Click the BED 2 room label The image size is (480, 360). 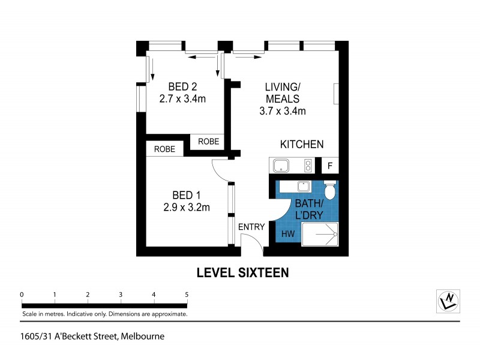pyautogui.click(x=182, y=85)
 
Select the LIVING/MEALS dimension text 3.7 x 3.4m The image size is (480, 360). pyautogui.click(x=283, y=111)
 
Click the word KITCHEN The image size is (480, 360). pyautogui.click(x=302, y=144)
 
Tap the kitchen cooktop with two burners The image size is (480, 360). pyautogui.click(x=308, y=166)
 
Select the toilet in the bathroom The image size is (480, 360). pyautogui.click(x=329, y=190)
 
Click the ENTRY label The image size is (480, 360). pyautogui.click(x=251, y=227)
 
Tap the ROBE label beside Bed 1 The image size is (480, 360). pyautogui.click(x=164, y=149)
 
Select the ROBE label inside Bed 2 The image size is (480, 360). pyautogui.click(x=208, y=142)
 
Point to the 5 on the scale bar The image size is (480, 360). pyautogui.click(x=187, y=294)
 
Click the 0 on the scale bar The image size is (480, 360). pyautogui.click(x=22, y=294)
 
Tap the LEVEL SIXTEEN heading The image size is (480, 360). pyautogui.click(x=243, y=272)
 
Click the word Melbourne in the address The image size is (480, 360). pyautogui.click(x=143, y=337)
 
